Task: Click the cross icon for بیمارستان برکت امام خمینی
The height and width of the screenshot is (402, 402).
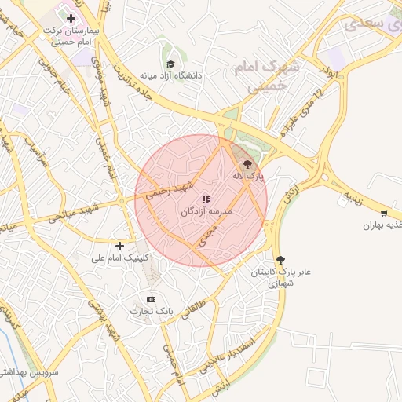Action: (x=71, y=17)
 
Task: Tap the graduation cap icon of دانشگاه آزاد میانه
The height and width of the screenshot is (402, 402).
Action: (x=170, y=64)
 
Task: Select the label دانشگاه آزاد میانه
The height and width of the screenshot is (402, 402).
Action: (x=171, y=76)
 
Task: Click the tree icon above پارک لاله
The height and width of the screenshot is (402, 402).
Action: (x=248, y=165)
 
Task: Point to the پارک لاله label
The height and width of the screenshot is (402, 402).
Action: (x=248, y=177)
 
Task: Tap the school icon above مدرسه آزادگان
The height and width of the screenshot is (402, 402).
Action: (x=206, y=200)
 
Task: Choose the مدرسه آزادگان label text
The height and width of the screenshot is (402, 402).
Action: (x=206, y=212)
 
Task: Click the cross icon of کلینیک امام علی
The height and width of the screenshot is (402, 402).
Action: (x=119, y=246)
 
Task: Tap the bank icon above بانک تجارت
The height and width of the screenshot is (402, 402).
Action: (x=152, y=299)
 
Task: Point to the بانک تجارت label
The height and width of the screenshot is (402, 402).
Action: (x=152, y=311)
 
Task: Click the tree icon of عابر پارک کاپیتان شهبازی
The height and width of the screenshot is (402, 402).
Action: (x=281, y=260)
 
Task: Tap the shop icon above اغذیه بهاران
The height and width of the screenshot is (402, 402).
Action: (x=383, y=214)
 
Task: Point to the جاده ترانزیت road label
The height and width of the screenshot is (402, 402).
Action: (x=133, y=79)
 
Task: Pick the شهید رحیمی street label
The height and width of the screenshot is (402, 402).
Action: (x=172, y=190)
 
